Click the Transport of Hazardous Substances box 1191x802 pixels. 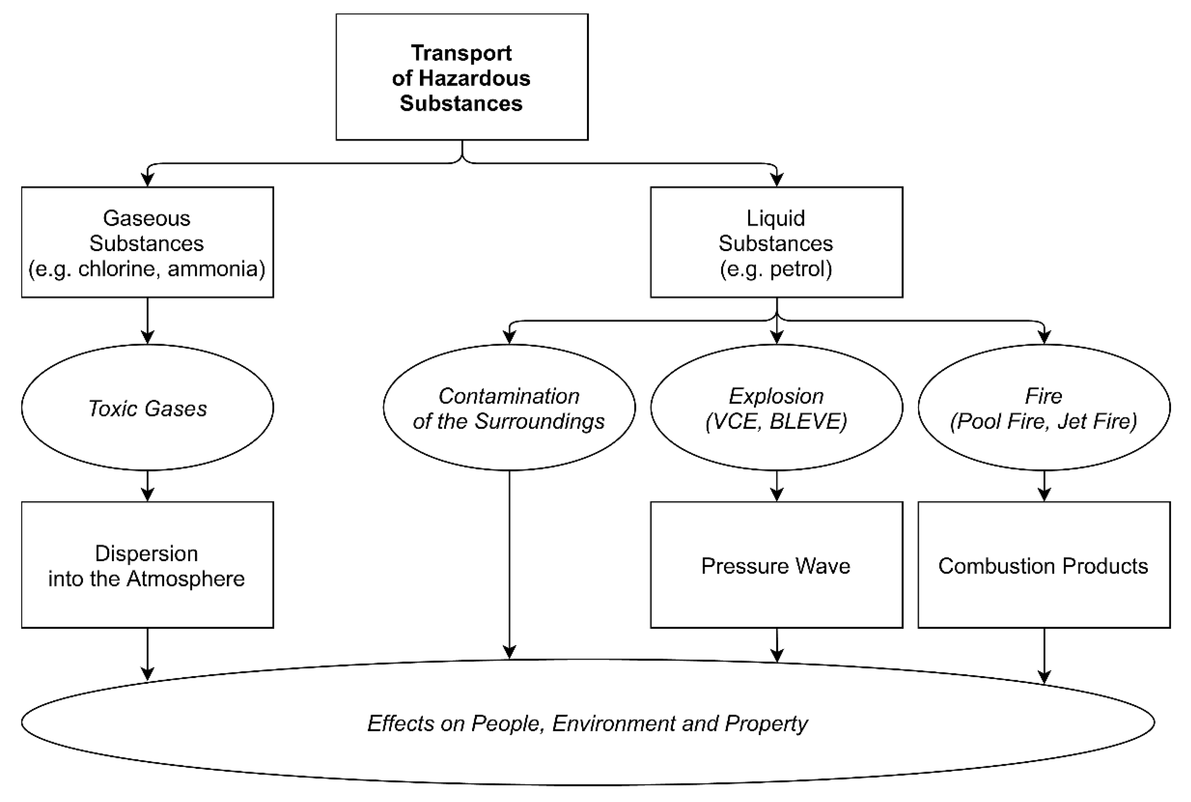[x=461, y=77]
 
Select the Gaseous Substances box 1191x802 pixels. [x=147, y=242]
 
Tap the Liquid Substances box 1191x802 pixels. [x=776, y=242]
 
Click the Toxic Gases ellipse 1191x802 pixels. [x=147, y=408]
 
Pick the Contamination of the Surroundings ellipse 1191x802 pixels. [x=509, y=408]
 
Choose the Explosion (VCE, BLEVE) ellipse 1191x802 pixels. [x=776, y=408]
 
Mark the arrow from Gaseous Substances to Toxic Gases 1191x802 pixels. [x=147, y=321]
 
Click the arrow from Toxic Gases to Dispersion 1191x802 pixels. [x=147, y=486]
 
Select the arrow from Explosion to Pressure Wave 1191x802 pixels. [x=776, y=486]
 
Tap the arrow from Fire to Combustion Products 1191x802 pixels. [x=1044, y=486]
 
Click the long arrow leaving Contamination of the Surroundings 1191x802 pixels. [x=509, y=563]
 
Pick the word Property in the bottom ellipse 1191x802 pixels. [x=766, y=723]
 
